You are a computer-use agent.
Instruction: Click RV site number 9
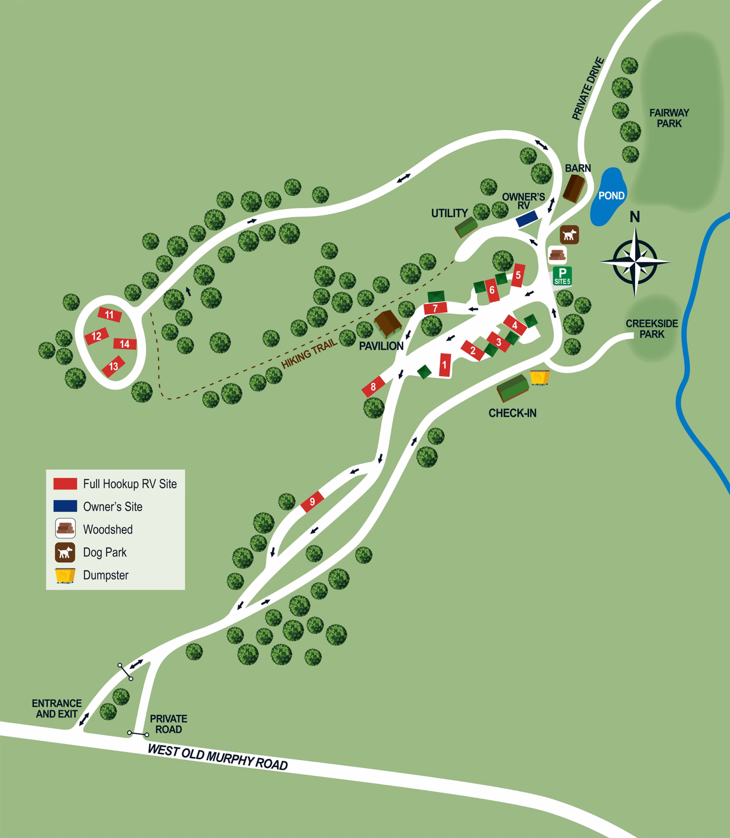point(312,502)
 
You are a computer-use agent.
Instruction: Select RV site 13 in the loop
point(113,366)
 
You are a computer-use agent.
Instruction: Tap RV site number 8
point(373,387)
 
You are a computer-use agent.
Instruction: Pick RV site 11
point(110,315)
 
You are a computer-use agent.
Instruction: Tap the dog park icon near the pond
point(569,235)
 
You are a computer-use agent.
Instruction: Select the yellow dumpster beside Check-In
point(540,378)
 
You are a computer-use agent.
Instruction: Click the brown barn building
point(575,188)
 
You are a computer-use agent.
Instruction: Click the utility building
point(466,227)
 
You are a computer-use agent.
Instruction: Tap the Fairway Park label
point(669,118)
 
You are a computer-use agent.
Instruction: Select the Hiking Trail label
point(309,353)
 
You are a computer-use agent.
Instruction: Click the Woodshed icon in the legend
point(65,529)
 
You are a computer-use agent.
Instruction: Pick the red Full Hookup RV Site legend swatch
point(65,484)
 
